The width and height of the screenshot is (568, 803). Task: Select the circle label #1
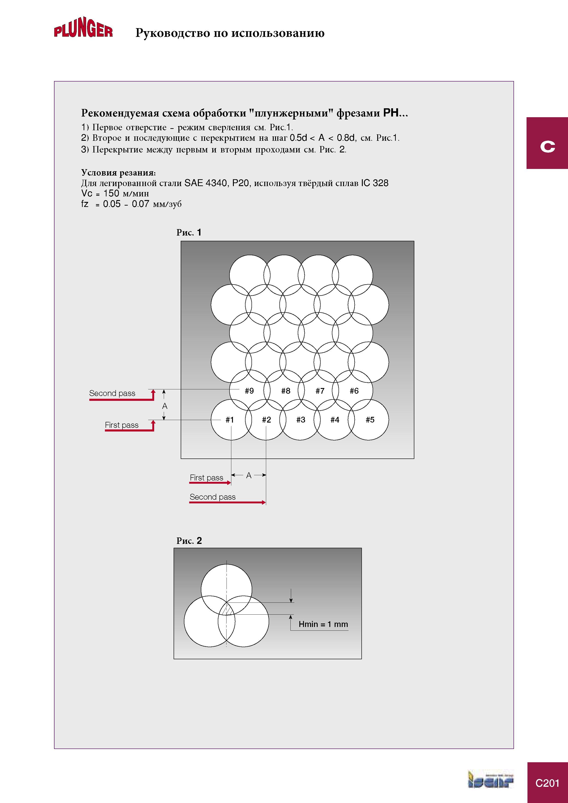[229, 420]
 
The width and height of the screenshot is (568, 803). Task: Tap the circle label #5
[370, 420]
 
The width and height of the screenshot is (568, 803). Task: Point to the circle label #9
[249, 391]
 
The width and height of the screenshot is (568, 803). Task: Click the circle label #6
[354, 391]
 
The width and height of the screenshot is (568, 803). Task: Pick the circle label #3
[301, 420]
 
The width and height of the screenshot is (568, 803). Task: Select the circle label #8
[286, 391]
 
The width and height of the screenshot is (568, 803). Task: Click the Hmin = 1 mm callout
[323, 624]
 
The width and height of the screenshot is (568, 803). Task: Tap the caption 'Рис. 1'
[189, 233]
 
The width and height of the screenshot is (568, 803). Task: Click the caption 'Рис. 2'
[189, 541]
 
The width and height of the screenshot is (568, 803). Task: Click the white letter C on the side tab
[547, 146]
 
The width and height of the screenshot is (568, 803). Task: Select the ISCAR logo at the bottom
[490, 779]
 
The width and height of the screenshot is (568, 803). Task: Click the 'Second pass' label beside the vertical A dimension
[112, 393]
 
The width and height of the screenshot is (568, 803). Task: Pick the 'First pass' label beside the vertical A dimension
[122, 425]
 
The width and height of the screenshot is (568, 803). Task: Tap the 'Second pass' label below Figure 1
[213, 497]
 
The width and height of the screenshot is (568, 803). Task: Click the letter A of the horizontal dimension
[249, 475]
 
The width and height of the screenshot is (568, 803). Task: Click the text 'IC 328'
[375, 183]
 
